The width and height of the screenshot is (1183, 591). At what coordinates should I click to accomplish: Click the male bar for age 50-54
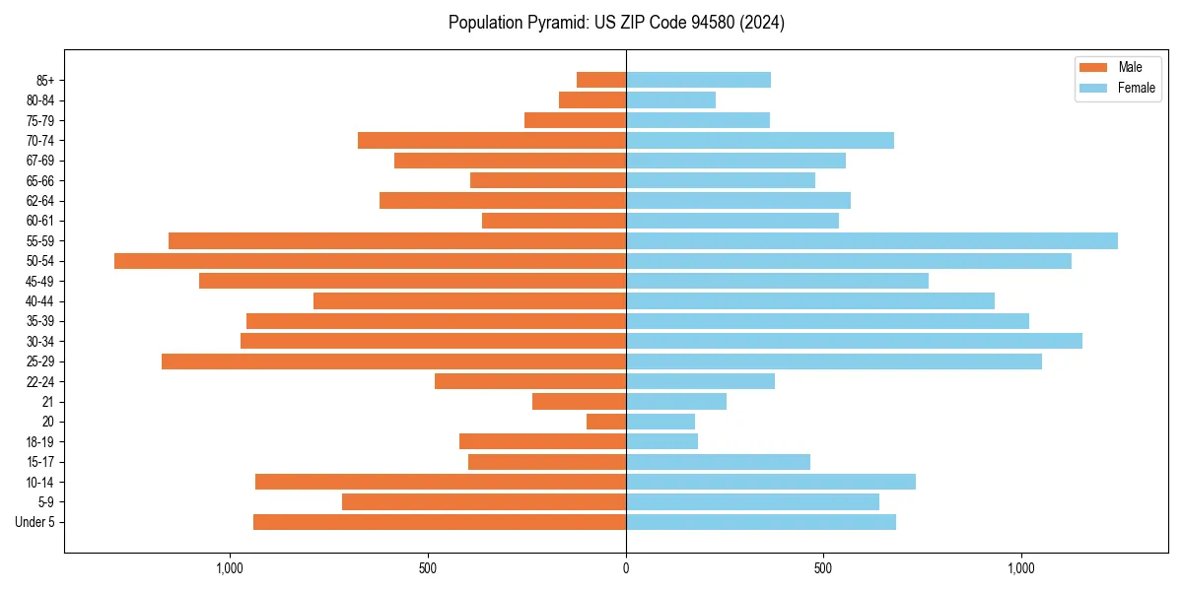click(x=370, y=261)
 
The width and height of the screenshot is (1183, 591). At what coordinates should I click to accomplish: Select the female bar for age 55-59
click(x=871, y=240)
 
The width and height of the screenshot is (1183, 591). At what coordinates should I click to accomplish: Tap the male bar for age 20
click(x=606, y=422)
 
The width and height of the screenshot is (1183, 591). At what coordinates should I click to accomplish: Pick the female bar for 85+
click(x=698, y=80)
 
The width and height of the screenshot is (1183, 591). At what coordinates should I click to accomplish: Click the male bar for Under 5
click(x=440, y=522)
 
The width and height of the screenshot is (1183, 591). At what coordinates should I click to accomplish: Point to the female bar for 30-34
click(x=854, y=341)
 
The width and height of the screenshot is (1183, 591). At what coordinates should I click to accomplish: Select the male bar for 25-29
click(x=393, y=361)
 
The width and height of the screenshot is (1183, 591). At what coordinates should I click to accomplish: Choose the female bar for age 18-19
click(x=661, y=441)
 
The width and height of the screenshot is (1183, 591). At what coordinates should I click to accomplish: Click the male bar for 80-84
click(x=592, y=99)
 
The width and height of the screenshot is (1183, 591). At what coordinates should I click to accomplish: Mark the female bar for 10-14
click(x=771, y=482)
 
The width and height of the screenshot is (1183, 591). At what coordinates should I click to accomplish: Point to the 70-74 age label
click(x=40, y=140)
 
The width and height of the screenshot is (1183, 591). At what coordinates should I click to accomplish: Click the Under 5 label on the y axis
click(x=35, y=522)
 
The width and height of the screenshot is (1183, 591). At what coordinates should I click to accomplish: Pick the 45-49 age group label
click(x=40, y=281)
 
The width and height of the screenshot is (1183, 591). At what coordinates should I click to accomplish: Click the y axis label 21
click(x=48, y=402)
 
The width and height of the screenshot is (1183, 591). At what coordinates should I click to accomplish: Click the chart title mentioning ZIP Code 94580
click(x=616, y=23)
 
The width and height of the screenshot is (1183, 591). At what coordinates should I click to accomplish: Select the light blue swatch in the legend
click(x=1094, y=88)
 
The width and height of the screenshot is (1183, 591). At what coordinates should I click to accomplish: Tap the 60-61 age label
click(x=40, y=221)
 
